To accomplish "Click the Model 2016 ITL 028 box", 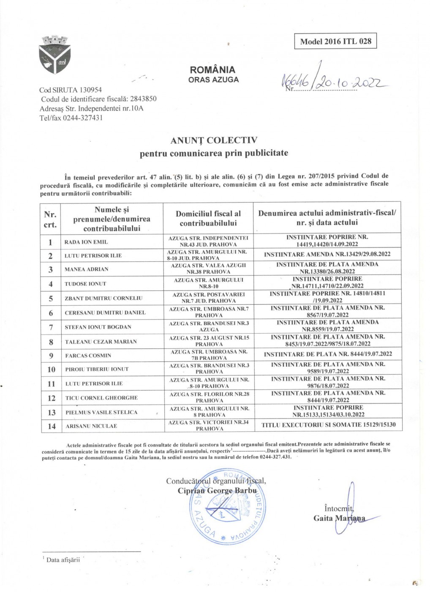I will [x=335, y=41].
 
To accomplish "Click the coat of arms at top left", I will [x=54, y=55].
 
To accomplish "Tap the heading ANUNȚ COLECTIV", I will [x=214, y=140].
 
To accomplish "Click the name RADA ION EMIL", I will [x=86, y=242].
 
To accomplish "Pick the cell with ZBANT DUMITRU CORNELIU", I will [x=103, y=298].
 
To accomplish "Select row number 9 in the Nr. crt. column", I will [x=51, y=355].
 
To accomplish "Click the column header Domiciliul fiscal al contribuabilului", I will [x=208, y=218].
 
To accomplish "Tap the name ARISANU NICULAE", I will [x=91, y=426].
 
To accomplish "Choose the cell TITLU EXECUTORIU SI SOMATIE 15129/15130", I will [x=328, y=425].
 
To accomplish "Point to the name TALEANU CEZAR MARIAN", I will [x=101, y=342].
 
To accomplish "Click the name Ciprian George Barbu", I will [x=217, y=491].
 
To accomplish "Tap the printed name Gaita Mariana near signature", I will [x=339, y=518].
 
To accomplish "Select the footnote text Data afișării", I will [x=63, y=560].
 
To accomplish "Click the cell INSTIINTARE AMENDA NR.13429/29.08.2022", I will [x=327, y=255].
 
